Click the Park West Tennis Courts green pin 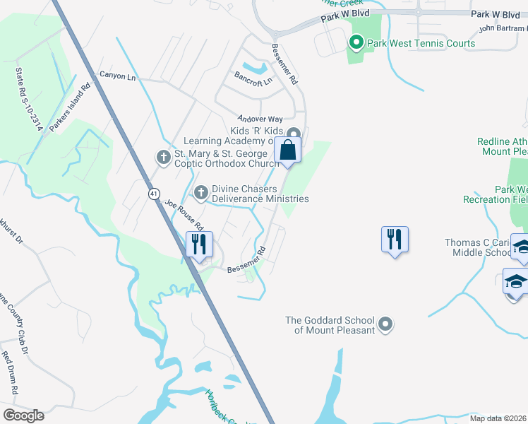(x=356, y=43)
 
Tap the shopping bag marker (x=288, y=150)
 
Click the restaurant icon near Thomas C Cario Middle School (x=394, y=239)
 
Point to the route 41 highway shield (x=154, y=194)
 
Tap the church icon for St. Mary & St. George (x=164, y=156)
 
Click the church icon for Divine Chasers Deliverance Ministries (x=201, y=192)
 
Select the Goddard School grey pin (x=385, y=324)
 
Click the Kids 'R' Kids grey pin (x=294, y=132)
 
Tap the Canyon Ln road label (x=117, y=76)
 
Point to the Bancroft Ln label (x=253, y=82)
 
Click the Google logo (x=23, y=416)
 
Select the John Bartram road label (x=503, y=29)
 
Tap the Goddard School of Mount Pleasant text (x=329, y=325)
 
